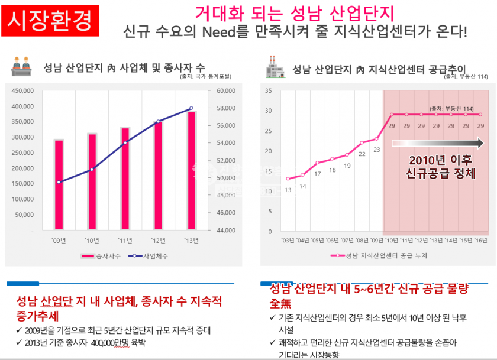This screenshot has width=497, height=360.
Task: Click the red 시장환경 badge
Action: (50, 20)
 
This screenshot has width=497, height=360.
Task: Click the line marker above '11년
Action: (125, 142)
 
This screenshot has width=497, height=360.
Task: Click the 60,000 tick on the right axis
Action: (227, 91)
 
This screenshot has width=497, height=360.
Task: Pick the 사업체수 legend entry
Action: (150, 256)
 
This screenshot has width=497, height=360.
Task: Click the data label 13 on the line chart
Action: (288, 190)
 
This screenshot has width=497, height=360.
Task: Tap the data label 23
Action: (376, 150)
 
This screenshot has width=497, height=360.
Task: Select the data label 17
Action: (317, 174)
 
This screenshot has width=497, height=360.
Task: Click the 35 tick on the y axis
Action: (268, 91)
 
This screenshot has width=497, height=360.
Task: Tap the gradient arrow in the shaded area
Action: (437, 142)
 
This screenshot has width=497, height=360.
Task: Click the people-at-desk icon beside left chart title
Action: (22, 66)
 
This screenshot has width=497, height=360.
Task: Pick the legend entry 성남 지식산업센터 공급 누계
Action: (379, 256)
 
